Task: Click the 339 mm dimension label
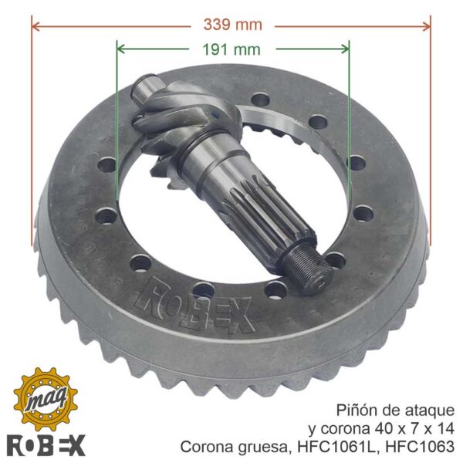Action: (233, 25)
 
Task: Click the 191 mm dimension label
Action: (231, 49)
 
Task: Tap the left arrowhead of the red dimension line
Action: (36, 26)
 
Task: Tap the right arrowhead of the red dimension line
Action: (426, 26)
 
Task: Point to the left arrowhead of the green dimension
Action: (122, 49)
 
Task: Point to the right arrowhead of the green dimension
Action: (344, 49)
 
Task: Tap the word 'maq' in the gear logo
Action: (46, 400)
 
